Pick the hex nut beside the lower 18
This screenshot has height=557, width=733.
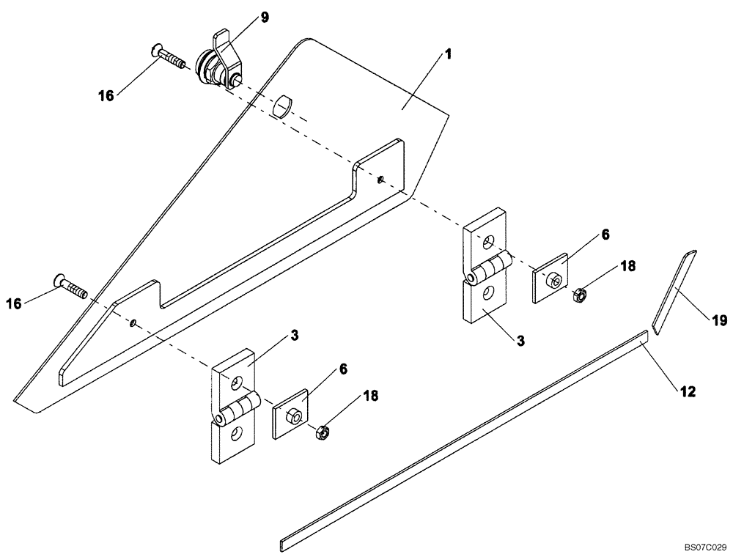click(320, 433)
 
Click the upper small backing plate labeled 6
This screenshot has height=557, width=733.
click(550, 278)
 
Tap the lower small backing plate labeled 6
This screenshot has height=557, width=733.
click(291, 416)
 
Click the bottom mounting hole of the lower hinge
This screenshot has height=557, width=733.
click(234, 435)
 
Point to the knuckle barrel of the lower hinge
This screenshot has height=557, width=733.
click(238, 408)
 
